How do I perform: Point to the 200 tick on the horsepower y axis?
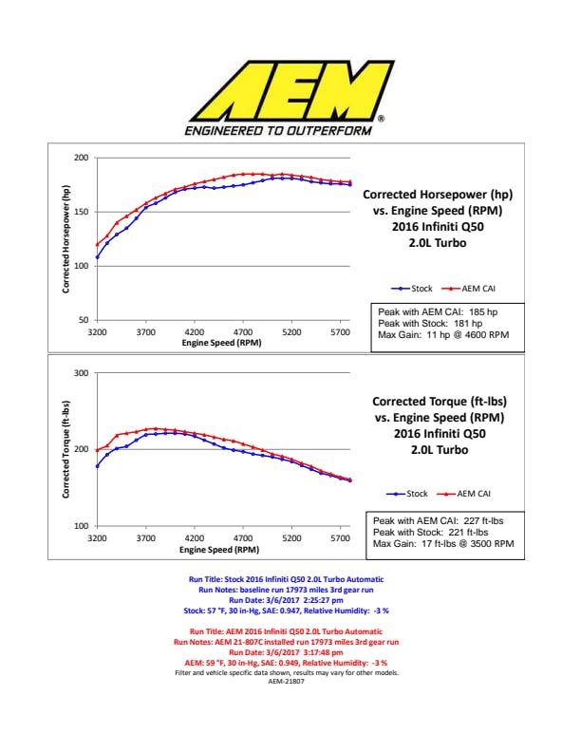coord(82,157)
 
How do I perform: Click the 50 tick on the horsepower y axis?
coord(84,320)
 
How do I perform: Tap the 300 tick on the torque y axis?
coord(82,373)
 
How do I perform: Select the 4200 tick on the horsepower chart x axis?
coord(195,332)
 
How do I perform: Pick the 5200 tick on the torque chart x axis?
coord(291,537)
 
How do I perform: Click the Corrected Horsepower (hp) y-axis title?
coord(67,238)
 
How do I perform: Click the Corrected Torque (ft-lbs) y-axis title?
coord(67,448)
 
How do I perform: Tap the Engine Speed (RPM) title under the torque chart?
coord(220,549)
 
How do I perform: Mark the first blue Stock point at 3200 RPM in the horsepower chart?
coord(97,256)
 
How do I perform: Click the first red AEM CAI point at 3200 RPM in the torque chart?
coord(97,450)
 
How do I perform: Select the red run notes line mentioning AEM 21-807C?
coord(291,642)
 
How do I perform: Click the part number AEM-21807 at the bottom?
coord(290,681)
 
